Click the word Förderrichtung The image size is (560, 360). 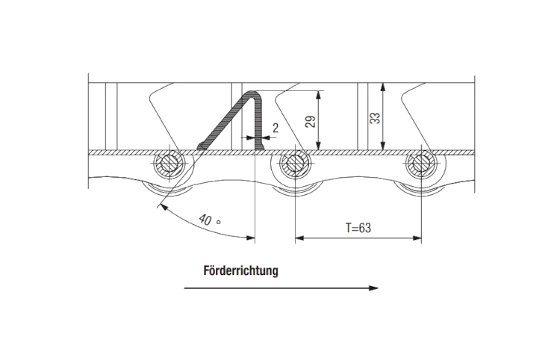(x=240, y=270)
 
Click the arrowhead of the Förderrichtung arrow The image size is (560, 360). (x=373, y=288)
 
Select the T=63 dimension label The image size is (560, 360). (x=358, y=228)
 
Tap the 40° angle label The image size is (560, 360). (x=209, y=220)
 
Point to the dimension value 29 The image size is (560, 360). (x=311, y=122)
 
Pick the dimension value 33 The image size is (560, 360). (x=375, y=118)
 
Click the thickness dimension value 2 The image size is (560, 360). (x=276, y=128)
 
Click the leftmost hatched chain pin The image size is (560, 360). (x=169, y=164)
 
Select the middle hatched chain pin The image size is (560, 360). (x=295, y=164)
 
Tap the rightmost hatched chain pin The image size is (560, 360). (x=421, y=164)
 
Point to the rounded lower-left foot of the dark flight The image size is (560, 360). (x=202, y=146)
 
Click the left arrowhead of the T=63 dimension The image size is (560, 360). (x=299, y=238)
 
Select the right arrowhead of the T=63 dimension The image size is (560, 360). (x=417, y=238)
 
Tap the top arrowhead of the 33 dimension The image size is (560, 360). (x=383, y=87)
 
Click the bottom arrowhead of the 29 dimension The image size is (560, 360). (x=318, y=146)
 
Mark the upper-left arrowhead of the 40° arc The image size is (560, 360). (x=163, y=207)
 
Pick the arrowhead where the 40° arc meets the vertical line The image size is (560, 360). (x=251, y=238)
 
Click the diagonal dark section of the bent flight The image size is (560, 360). (x=226, y=121)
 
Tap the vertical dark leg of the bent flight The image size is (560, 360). (x=259, y=122)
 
